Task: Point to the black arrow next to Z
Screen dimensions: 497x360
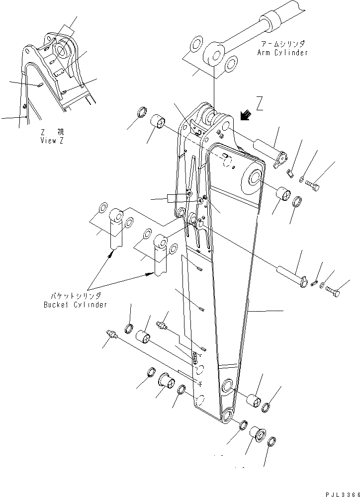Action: [x=244, y=116]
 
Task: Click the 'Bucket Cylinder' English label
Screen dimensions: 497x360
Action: [x=75, y=305]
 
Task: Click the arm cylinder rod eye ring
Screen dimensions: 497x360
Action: [x=215, y=54]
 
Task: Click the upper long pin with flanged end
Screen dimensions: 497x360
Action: [x=269, y=151]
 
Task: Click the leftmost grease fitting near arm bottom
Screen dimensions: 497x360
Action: [x=112, y=335]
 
